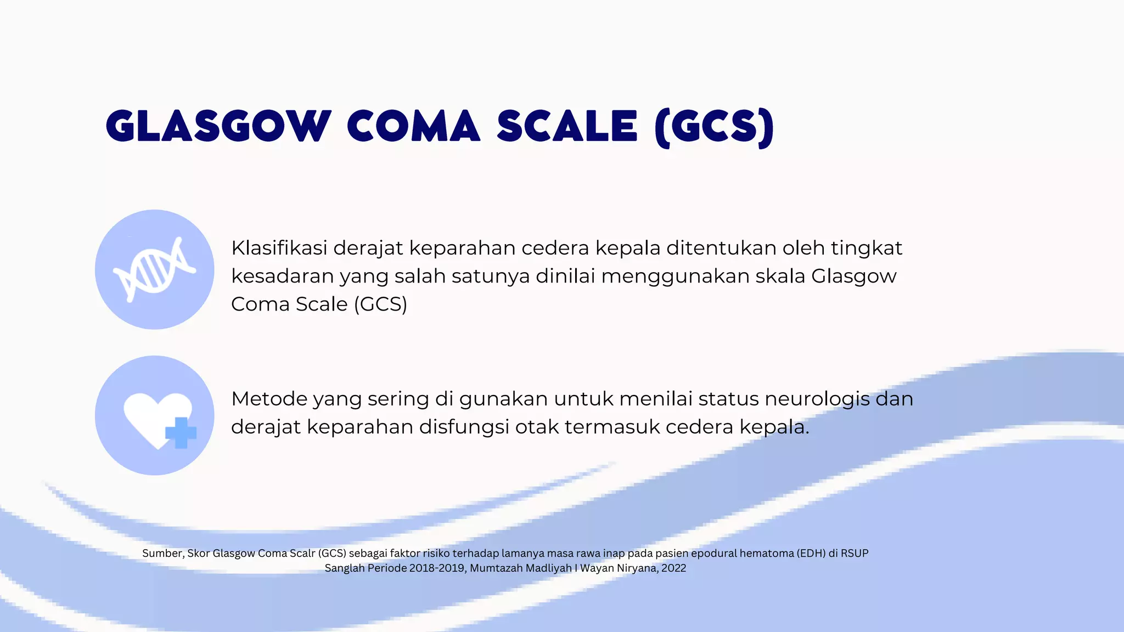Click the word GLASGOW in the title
(x=218, y=126)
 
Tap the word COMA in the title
(x=414, y=126)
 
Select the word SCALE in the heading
(x=567, y=126)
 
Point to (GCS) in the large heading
(x=714, y=127)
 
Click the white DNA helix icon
(x=154, y=269)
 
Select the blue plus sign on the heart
(x=181, y=433)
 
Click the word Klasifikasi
(x=279, y=248)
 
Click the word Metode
(x=269, y=399)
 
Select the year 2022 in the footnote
(x=673, y=568)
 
